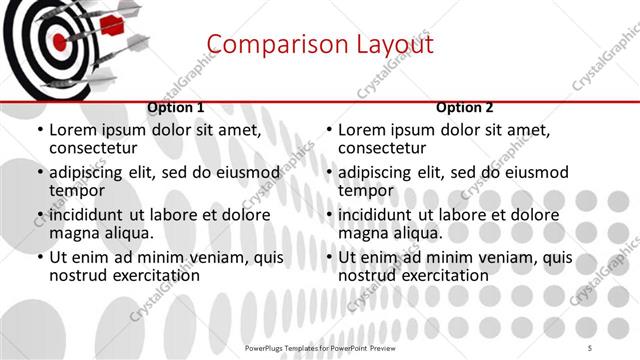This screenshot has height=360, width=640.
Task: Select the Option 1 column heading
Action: point(176,108)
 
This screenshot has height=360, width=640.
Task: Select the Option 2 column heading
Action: point(464,108)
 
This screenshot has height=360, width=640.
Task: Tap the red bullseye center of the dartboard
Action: point(59,42)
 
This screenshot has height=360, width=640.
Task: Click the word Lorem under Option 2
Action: point(361,130)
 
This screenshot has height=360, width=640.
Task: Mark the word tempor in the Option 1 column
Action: point(77,191)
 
